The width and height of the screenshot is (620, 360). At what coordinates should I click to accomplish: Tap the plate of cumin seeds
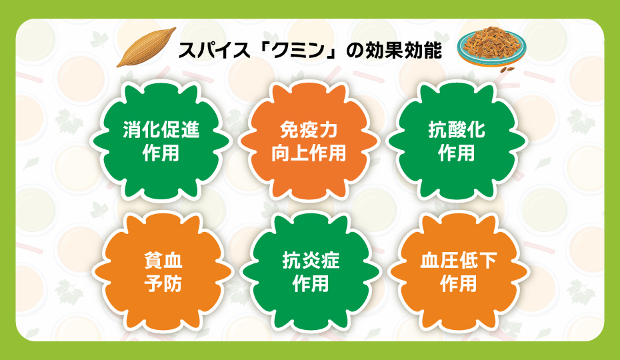(494, 47)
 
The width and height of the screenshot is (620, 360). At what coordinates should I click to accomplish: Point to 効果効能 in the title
(404, 51)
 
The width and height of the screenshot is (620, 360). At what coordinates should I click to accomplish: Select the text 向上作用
(309, 153)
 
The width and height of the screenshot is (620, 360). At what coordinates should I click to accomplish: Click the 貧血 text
(163, 261)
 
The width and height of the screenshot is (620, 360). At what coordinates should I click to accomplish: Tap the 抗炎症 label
(311, 261)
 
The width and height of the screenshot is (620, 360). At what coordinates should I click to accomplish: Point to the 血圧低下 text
(459, 261)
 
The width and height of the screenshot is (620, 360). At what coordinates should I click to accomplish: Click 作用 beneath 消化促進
(161, 153)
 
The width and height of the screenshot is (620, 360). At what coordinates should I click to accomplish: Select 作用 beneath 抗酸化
(457, 153)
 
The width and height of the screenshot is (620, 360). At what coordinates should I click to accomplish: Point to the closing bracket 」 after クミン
(338, 55)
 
